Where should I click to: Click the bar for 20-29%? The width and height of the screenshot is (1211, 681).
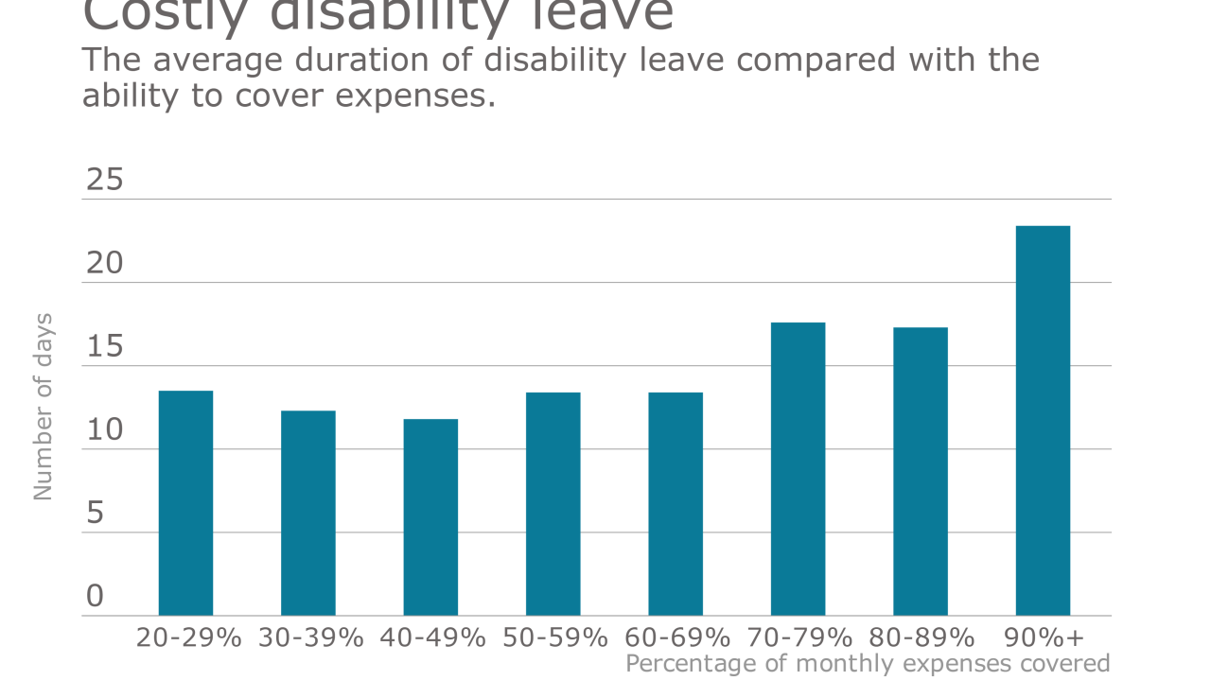click(x=185, y=503)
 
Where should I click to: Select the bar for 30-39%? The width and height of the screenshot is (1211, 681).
click(x=308, y=513)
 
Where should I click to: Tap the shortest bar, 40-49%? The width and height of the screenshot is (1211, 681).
click(x=430, y=517)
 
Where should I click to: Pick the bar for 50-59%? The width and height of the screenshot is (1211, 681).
click(x=553, y=504)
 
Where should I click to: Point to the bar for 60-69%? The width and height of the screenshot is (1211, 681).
click(x=676, y=504)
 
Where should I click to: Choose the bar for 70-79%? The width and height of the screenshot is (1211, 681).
click(x=798, y=469)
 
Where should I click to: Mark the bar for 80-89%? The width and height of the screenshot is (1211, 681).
click(x=921, y=471)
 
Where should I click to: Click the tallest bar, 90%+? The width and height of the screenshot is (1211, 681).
click(x=1043, y=421)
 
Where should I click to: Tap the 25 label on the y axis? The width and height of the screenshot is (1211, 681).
click(x=105, y=180)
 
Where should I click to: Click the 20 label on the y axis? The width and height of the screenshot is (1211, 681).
click(x=105, y=263)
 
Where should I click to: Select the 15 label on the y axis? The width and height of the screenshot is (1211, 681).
click(x=105, y=347)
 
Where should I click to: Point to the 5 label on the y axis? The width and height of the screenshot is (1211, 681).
click(x=95, y=514)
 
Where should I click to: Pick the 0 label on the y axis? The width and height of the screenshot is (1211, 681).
click(x=95, y=596)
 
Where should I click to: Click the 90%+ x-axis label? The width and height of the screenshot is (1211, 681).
click(x=1043, y=637)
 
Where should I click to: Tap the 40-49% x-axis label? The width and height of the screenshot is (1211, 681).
click(x=432, y=637)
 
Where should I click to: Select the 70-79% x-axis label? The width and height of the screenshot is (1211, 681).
click(x=799, y=637)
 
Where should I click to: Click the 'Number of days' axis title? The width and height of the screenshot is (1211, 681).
click(x=44, y=407)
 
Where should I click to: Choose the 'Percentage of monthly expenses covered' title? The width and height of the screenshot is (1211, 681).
click(x=868, y=664)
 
